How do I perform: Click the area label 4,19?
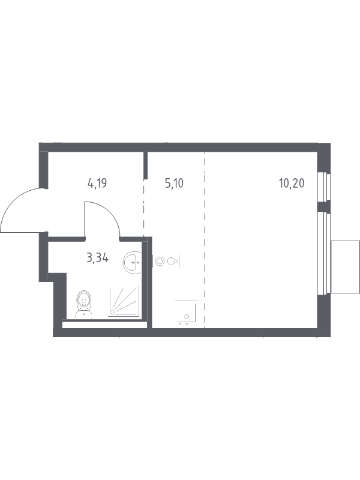point(97,184)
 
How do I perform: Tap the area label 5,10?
point(174,184)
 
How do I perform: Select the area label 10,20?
point(292,184)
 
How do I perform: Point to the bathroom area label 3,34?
point(98,259)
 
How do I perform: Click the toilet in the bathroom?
point(84,305)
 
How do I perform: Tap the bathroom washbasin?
point(132,262)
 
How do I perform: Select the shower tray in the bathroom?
point(124,301)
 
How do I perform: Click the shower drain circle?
point(112,312)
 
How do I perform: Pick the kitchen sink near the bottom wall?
point(187,312)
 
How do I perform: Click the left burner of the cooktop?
point(159,261)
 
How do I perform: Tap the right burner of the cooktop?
point(172,261)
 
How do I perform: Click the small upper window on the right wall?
point(324,187)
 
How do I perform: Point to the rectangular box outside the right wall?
point(346,267)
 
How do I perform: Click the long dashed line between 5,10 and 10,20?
point(205,240)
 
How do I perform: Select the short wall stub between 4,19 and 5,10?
point(146,165)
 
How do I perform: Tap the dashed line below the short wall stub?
point(143,208)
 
